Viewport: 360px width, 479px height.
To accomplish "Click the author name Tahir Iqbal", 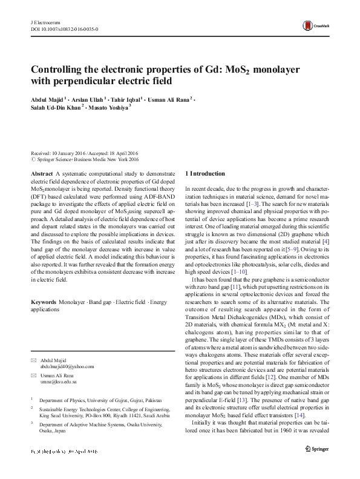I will click(x=126, y=99).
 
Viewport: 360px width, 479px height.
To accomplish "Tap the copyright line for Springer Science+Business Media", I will click(x=85, y=160).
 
